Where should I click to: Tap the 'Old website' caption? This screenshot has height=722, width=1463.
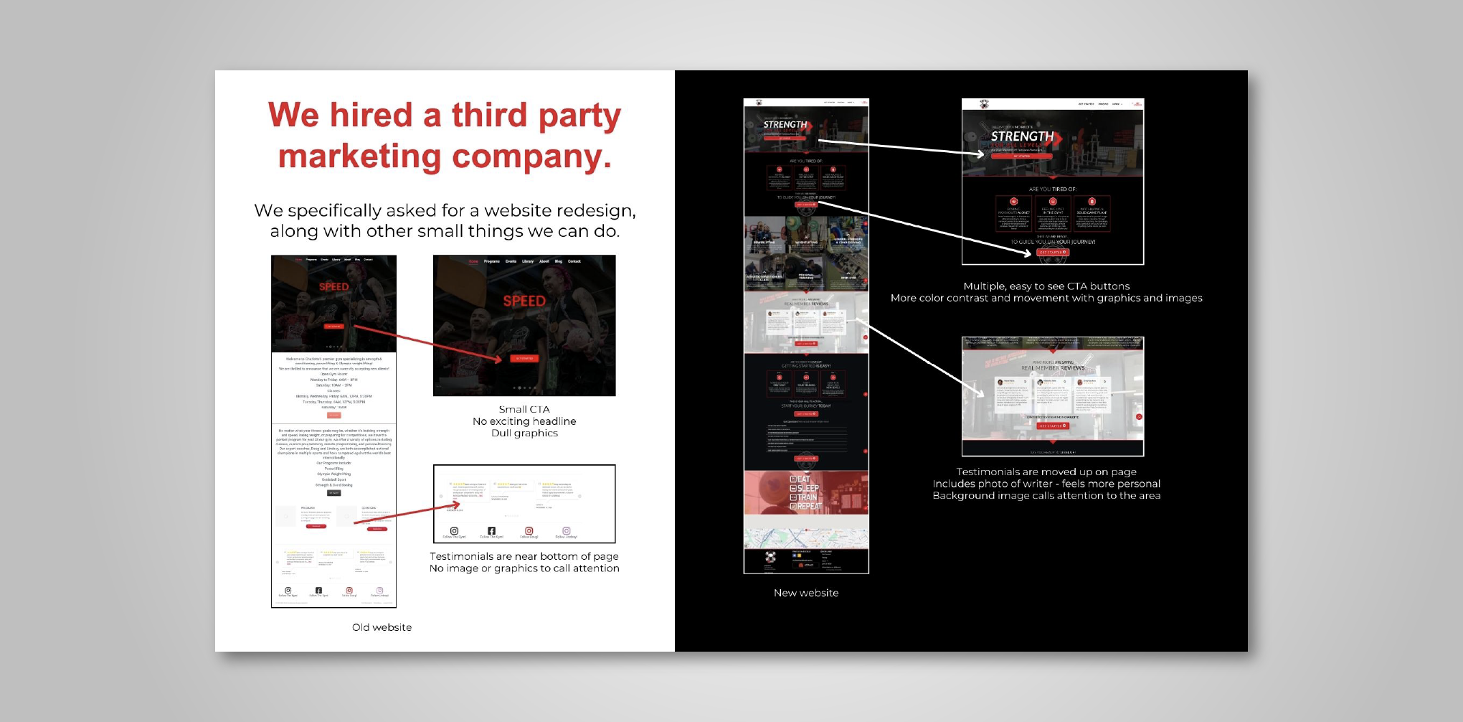point(382,627)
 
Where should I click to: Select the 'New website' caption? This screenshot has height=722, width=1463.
point(805,593)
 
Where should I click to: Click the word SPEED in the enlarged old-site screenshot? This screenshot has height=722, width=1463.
point(524,301)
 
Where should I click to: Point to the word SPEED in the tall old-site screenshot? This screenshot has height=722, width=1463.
point(333,287)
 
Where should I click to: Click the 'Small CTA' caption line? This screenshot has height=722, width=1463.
point(524,409)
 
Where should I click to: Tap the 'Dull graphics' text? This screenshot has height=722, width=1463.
point(524,433)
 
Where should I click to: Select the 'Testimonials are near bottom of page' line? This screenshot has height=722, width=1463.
point(524,556)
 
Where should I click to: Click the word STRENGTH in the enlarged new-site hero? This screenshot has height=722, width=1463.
point(1022,136)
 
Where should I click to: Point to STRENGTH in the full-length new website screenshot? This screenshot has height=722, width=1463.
point(785,125)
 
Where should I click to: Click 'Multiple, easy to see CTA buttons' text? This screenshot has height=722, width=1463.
point(1046,286)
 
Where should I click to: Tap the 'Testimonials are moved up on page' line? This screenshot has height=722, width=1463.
point(1046,472)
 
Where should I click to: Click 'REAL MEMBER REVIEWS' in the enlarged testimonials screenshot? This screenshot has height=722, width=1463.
point(1053,368)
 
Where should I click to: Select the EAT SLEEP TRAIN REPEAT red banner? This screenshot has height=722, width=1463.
point(805,492)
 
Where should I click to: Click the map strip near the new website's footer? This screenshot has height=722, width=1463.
point(805,538)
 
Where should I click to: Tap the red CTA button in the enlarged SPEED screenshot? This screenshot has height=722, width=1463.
point(524,358)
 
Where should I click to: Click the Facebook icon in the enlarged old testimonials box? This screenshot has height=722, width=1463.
point(491,531)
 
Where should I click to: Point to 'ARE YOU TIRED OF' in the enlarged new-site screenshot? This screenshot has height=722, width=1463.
point(1052,189)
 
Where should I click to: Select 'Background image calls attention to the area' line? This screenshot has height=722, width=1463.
point(1046,496)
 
